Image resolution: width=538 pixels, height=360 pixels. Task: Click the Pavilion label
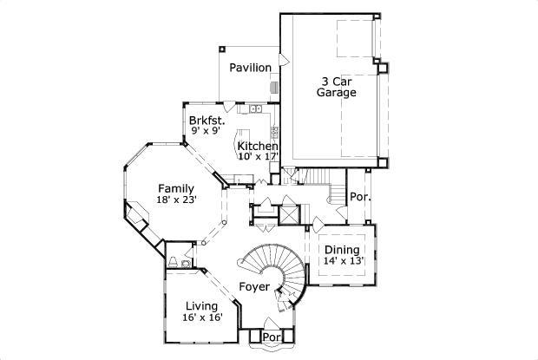(x=250, y=68)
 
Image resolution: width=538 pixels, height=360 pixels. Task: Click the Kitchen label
(x=258, y=146)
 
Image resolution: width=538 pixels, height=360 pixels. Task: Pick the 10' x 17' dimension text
(x=259, y=156)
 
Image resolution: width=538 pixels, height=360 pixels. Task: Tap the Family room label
(x=175, y=188)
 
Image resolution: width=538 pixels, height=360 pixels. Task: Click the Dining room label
(x=343, y=249)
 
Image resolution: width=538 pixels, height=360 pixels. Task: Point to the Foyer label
(x=253, y=285)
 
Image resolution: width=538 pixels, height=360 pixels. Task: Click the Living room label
(x=202, y=305)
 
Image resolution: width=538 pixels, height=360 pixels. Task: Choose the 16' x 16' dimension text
(x=202, y=317)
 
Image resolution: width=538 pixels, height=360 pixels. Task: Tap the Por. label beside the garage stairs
(x=360, y=197)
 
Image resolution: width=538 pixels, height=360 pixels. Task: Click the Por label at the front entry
(x=272, y=337)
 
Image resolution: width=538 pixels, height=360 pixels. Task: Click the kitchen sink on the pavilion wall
(x=255, y=110)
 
